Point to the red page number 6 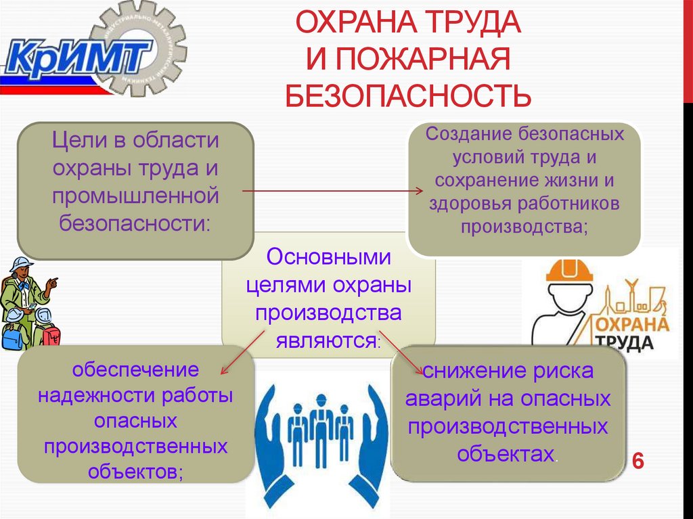coord(637,461)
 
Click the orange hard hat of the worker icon coord(569,271)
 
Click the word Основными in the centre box coord(329,257)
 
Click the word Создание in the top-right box coord(468,133)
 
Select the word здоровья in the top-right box coord(469,203)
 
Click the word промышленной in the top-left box coord(135,196)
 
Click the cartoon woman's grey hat coord(20,263)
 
